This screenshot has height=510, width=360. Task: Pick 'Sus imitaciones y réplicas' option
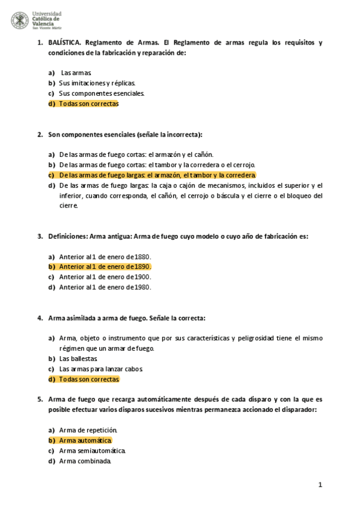click(x=97, y=82)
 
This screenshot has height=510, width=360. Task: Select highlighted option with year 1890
click(x=105, y=266)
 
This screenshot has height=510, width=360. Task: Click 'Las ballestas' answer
click(x=78, y=358)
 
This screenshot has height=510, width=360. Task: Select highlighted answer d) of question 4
click(x=89, y=379)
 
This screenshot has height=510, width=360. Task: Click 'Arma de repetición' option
click(x=88, y=430)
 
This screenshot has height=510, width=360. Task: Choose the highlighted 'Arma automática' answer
click(x=85, y=440)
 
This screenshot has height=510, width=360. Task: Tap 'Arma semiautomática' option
click(x=93, y=450)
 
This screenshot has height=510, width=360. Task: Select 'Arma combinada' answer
click(x=85, y=461)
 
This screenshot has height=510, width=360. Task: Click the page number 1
click(x=320, y=485)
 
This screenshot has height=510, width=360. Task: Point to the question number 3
click(x=40, y=236)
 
